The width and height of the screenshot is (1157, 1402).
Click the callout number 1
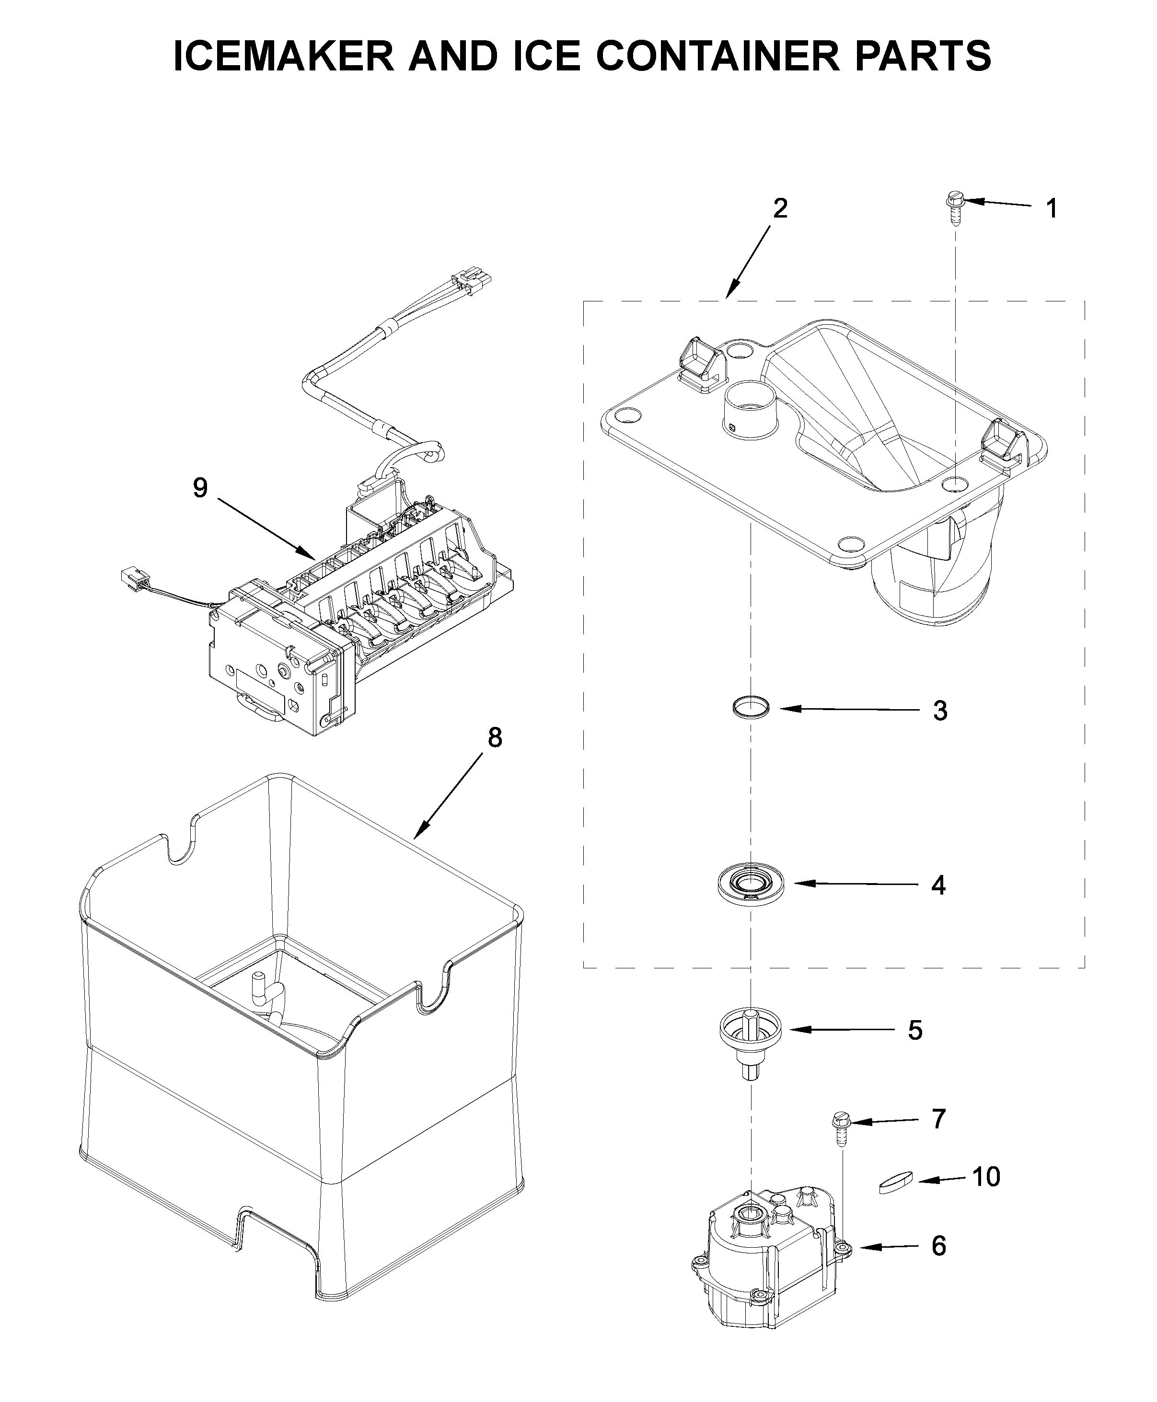tap(1051, 209)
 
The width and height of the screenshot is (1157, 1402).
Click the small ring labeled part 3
tap(751, 706)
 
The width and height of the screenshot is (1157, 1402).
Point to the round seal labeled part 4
tap(751, 884)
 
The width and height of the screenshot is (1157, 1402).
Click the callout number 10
tap(986, 1177)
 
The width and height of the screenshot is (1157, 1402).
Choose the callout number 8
tap(495, 737)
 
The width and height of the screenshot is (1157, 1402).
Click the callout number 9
tap(200, 488)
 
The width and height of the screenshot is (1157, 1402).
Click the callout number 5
tap(915, 1030)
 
